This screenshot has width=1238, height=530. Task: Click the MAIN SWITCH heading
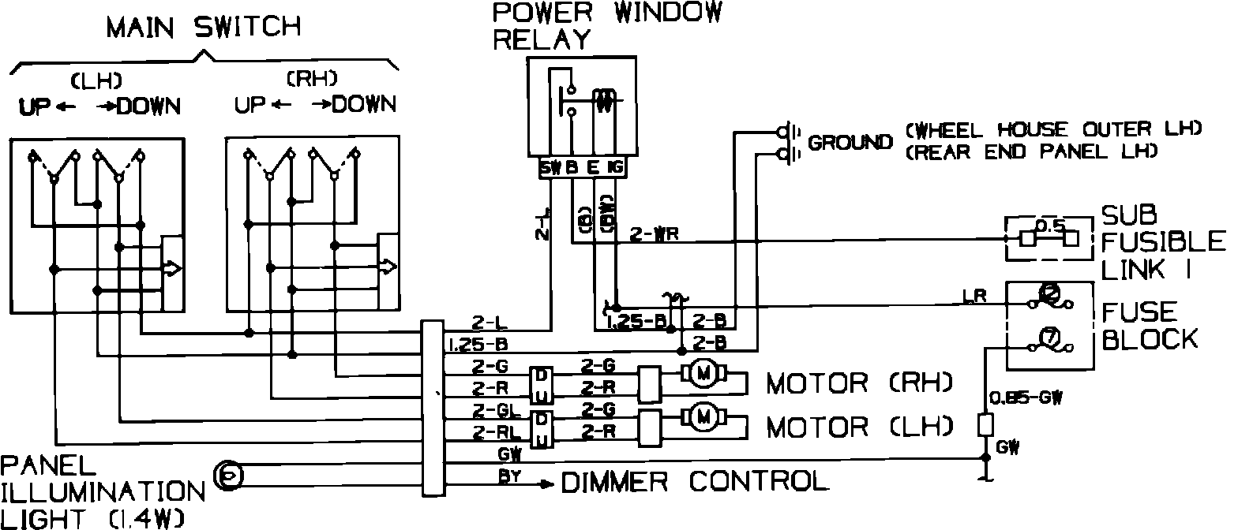[204, 27]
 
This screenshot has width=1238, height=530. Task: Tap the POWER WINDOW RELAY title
[606, 24]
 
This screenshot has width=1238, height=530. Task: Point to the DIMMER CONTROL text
[695, 480]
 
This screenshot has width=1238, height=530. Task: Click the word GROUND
[850, 143]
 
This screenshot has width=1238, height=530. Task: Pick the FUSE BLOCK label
[1149, 325]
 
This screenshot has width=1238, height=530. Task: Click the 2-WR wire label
[649, 234]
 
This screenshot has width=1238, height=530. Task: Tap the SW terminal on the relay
[550, 168]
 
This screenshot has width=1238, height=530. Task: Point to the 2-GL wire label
[493, 410]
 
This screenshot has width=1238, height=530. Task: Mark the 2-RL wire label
[493, 431]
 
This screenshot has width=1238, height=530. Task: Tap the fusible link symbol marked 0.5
[1049, 237]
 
